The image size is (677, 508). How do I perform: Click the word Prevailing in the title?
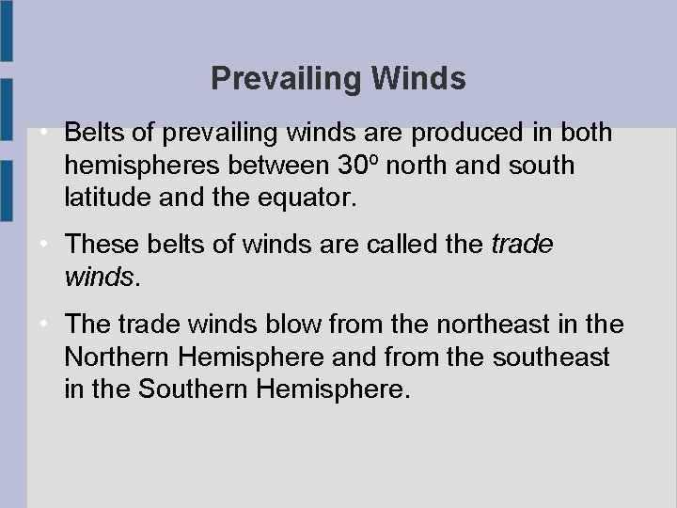288,79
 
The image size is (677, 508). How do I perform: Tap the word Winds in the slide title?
418,79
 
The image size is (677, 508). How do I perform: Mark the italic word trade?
523,245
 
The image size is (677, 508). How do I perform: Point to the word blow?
282,325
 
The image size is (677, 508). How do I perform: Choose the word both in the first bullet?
586,133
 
